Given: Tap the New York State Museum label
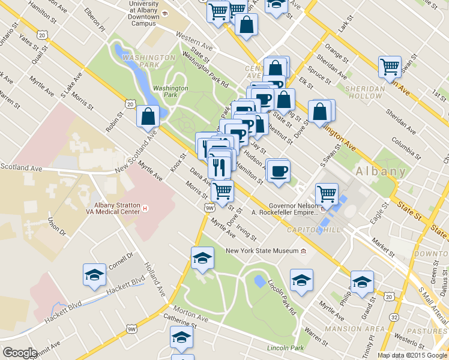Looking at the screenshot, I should [262, 251].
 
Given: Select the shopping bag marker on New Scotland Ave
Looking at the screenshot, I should [148, 117].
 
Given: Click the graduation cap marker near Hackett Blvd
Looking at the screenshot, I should [94, 275].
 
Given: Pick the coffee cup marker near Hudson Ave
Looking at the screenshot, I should [278, 170].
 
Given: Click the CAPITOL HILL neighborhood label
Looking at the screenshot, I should [315, 230].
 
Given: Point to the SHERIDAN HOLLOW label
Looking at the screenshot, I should [364, 92].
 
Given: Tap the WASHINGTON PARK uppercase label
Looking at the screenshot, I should [148, 58].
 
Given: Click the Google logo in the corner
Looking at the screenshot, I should [20, 353].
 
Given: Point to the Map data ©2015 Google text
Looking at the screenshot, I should [412, 355].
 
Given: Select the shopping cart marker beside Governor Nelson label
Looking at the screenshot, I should [327, 194].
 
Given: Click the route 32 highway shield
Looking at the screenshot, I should [394, 316].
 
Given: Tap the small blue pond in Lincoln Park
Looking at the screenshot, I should [259, 281].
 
